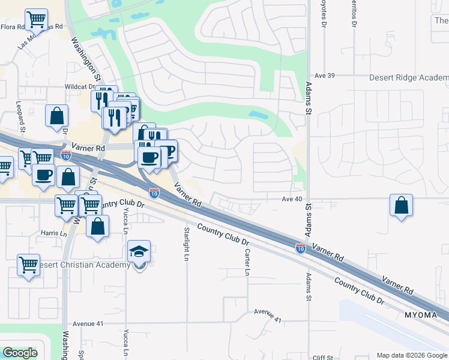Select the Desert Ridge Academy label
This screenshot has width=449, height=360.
pyautogui.click(x=409, y=78)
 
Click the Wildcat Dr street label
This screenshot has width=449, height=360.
pyautogui.click(x=81, y=86)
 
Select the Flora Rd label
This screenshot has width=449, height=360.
pyautogui.click(x=13, y=27)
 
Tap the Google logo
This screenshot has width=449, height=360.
pyautogui.click(x=20, y=353)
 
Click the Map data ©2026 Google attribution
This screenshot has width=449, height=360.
pyautogui.click(x=411, y=355)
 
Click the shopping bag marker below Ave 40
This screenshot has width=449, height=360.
pyautogui.click(x=402, y=206)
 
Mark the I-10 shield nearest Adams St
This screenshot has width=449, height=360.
pyautogui.click(x=300, y=248)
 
